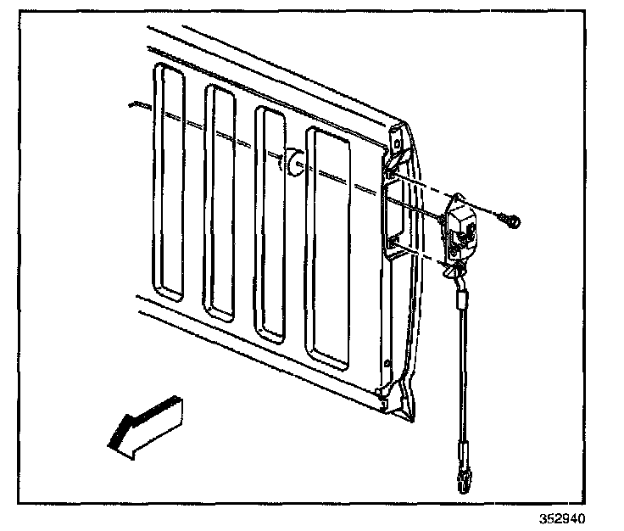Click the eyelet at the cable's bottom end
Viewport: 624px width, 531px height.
point(464,483)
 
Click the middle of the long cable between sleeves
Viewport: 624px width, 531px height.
point(462,373)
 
